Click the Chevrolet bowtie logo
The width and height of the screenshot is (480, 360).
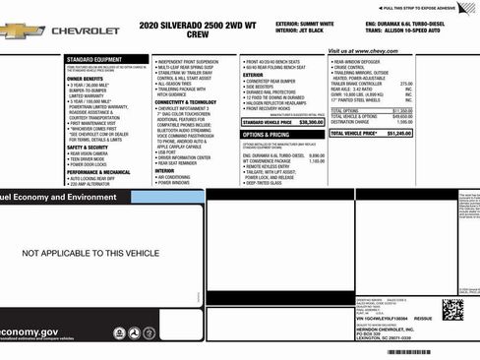tap(21, 30)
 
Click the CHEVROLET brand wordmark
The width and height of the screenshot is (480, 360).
tap(86, 31)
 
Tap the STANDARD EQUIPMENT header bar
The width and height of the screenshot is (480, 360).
tap(94, 59)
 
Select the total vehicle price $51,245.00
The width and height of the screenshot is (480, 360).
tap(398, 132)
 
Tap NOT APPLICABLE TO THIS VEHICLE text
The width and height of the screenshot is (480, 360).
tap(90, 253)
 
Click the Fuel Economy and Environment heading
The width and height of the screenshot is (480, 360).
tap(59, 197)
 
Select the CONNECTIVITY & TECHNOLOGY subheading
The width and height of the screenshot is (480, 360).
tap(186, 101)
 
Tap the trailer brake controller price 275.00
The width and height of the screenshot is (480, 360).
tap(406, 84)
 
